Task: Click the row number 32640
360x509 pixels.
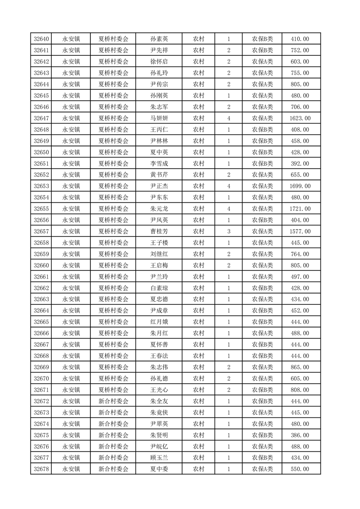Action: (x=41, y=39)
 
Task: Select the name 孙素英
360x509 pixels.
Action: (x=159, y=39)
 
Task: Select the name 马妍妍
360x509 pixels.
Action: (x=159, y=118)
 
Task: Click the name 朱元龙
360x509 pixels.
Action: (x=159, y=209)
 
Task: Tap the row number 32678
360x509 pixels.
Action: (x=41, y=469)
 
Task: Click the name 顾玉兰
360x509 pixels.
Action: (x=159, y=458)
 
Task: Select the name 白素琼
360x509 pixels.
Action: (x=159, y=288)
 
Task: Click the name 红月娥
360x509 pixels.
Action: (x=159, y=322)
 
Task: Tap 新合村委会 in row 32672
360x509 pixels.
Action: (x=113, y=401)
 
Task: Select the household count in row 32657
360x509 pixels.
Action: (x=228, y=231)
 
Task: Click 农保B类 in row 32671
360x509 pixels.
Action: (x=262, y=390)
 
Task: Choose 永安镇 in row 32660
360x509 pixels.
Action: (x=71, y=265)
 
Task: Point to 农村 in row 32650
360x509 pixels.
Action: (x=198, y=152)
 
